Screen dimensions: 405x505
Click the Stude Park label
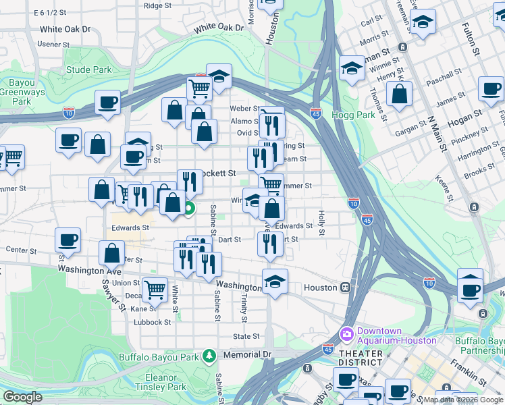click(x=89, y=70)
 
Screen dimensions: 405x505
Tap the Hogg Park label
click(x=353, y=115)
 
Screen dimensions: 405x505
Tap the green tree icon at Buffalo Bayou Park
click(x=210, y=355)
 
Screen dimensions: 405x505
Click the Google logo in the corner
click(x=22, y=397)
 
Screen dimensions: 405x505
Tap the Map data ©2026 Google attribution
click(x=463, y=400)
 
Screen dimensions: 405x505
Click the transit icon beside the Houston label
click(x=345, y=288)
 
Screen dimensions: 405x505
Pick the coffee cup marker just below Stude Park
click(x=107, y=102)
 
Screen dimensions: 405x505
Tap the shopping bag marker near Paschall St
click(x=400, y=94)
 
